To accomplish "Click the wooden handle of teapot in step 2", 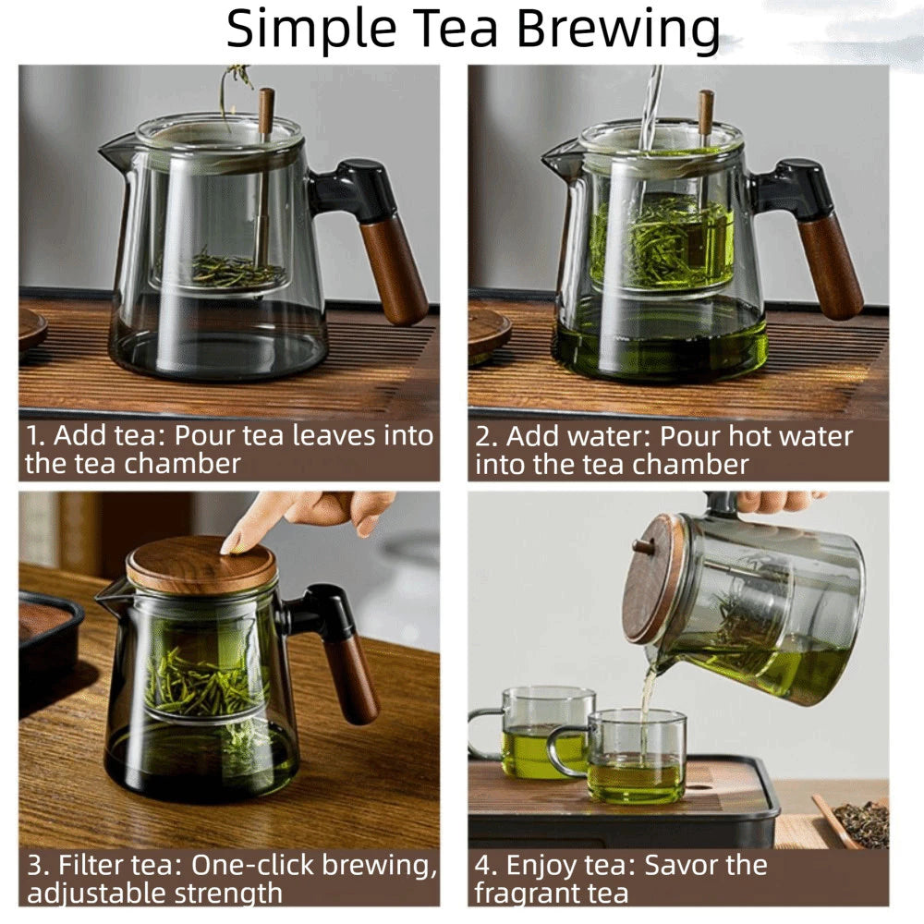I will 831,267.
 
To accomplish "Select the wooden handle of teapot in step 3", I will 350,679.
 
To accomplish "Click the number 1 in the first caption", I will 34,436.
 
